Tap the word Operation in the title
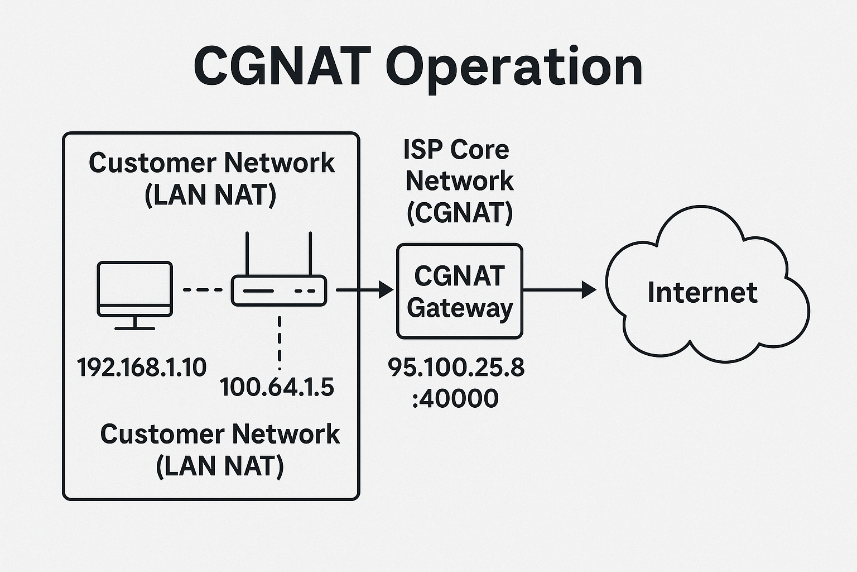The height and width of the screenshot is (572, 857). point(514,68)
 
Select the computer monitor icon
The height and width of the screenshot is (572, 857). point(134,289)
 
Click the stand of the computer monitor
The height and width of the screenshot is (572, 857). point(134,323)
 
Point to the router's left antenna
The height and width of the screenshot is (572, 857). point(247,254)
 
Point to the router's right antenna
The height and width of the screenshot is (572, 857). point(310,254)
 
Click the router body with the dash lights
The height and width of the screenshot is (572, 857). point(279,291)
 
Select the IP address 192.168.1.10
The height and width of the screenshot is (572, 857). point(142,368)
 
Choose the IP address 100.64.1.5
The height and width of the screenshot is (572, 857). point(277,387)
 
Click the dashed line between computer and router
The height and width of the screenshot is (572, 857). point(202,290)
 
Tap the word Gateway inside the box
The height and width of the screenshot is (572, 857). point(460,308)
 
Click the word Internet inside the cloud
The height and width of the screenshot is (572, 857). point(702,293)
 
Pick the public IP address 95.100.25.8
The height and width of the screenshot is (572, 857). point(456,368)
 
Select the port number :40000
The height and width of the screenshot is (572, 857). point(455,399)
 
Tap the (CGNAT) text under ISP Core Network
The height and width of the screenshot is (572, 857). point(459,212)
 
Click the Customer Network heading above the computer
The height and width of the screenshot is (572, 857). point(211,163)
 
